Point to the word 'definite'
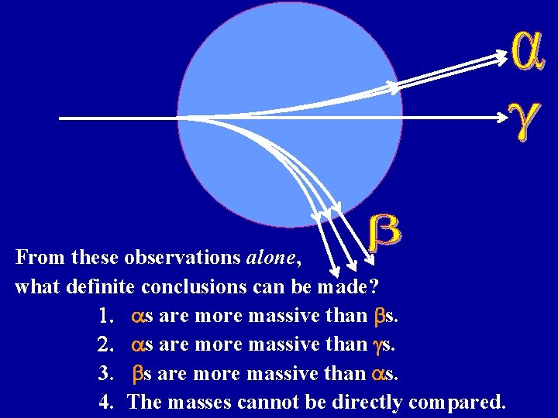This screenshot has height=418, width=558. tap(102, 286)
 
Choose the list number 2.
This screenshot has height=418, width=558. tap(108, 345)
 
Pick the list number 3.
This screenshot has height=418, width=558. tap(108, 374)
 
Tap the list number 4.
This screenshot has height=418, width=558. tap(108, 403)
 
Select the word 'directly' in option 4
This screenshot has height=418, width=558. tap(367, 403)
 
